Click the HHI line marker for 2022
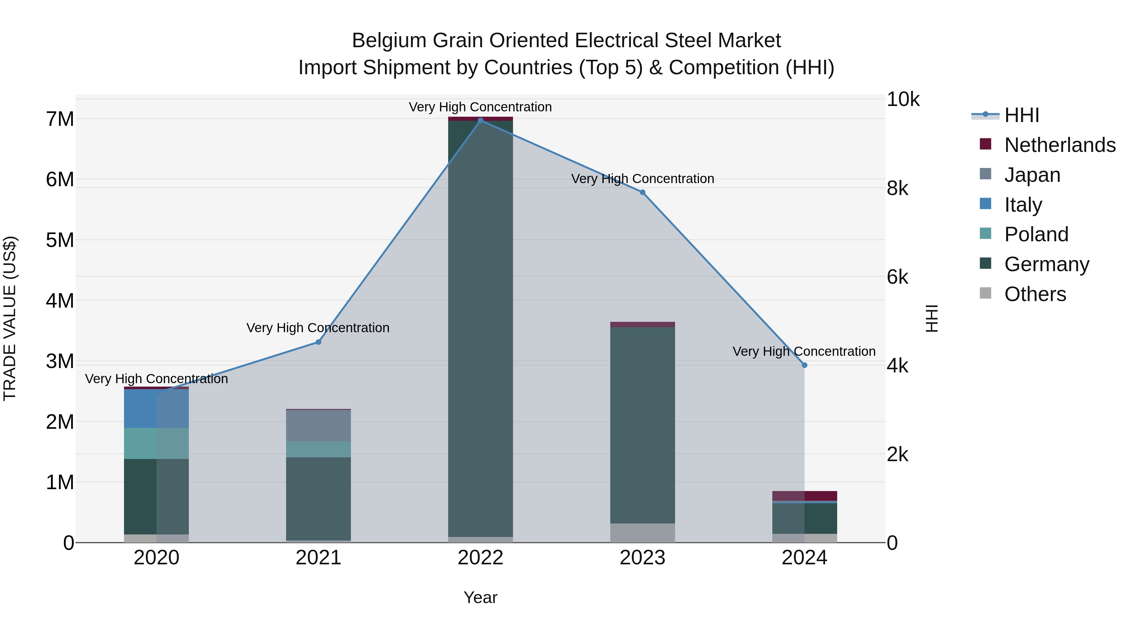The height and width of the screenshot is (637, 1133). click(480, 120)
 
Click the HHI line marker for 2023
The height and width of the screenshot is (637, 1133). click(642, 192)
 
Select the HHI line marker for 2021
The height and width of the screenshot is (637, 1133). click(318, 342)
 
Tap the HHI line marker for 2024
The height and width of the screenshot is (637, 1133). click(804, 365)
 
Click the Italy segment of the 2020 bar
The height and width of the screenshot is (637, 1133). click(156, 408)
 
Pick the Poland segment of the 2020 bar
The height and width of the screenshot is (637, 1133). click(156, 443)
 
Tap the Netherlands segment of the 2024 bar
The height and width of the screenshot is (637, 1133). click(804, 495)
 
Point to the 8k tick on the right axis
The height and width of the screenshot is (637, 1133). click(897, 189)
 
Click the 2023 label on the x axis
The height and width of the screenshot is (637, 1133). click(642, 558)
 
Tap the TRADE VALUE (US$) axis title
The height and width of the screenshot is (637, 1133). click(10, 318)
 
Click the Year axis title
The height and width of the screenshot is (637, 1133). click(480, 597)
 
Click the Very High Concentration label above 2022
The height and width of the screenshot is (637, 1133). click(480, 107)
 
